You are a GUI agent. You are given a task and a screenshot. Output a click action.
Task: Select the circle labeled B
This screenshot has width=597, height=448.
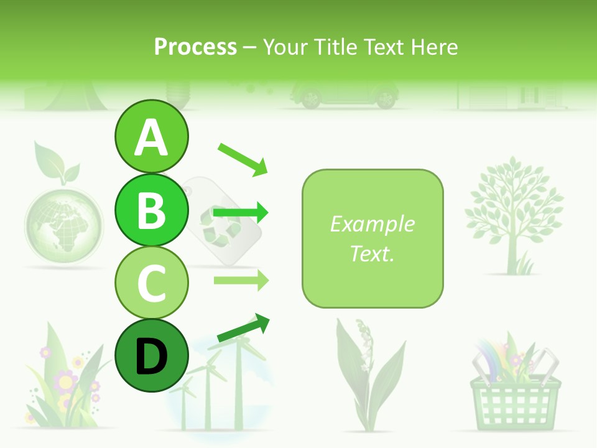[x=152, y=210]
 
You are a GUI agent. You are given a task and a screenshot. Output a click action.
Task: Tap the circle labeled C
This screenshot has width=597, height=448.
[x=152, y=282]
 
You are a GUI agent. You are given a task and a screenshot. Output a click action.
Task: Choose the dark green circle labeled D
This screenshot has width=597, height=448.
[x=152, y=356]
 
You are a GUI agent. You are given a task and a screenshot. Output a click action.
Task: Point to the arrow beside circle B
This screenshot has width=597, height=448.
[x=241, y=213]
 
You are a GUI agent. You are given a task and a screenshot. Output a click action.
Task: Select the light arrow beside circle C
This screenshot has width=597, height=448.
[x=241, y=280]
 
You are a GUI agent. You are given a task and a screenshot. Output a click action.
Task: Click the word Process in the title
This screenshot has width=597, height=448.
[x=195, y=47]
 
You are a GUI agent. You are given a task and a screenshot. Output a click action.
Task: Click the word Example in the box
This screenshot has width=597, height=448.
[x=372, y=224]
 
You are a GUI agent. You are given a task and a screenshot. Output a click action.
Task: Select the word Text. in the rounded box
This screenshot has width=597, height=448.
[x=372, y=253]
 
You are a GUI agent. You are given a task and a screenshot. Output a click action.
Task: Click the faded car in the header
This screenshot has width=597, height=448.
[x=344, y=96]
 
